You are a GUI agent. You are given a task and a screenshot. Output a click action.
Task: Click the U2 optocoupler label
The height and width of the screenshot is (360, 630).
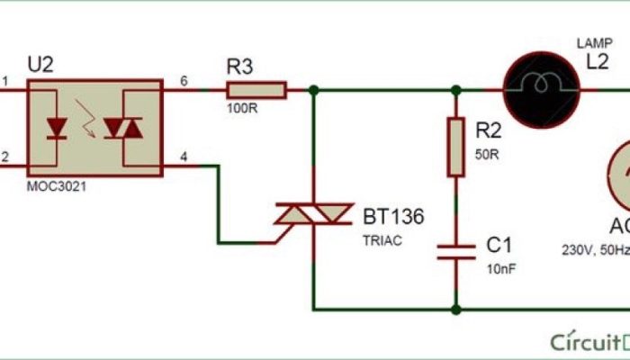(41, 65)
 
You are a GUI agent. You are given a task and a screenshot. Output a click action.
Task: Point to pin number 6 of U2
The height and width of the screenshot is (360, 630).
(184, 81)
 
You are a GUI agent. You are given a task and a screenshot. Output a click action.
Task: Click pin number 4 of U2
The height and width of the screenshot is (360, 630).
(184, 157)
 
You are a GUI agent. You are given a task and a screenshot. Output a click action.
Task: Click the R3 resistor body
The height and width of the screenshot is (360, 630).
(256, 89)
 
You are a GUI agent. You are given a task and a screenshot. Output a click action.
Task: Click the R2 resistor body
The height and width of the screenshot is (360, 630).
(456, 146)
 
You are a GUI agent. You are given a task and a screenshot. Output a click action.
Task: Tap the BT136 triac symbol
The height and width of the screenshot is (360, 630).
(312, 213)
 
